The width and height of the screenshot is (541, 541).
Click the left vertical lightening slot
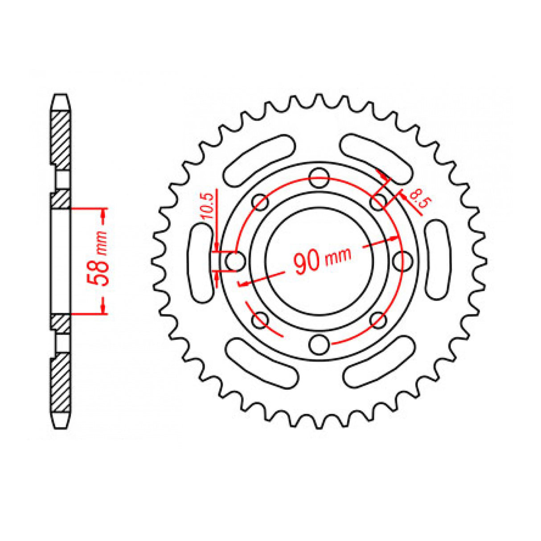[201, 262]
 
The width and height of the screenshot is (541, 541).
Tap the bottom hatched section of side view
[61, 383]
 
